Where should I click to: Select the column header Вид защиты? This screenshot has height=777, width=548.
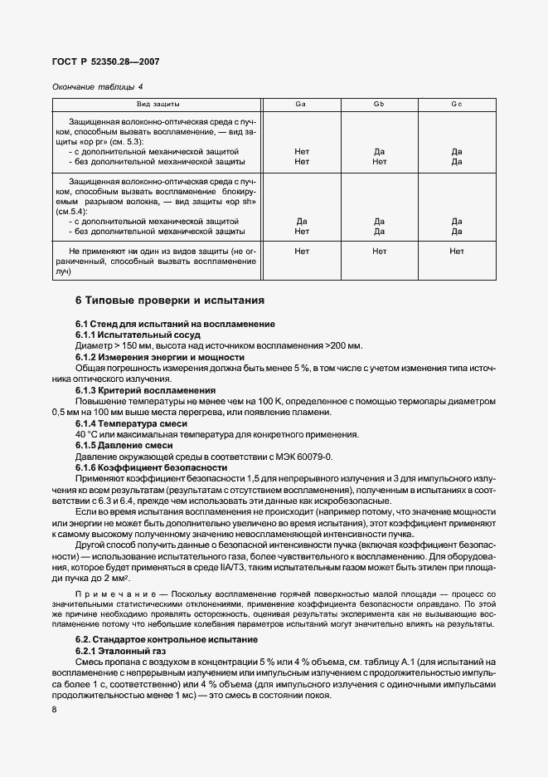[x=158, y=105]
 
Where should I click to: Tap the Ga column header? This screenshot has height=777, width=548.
[x=301, y=105]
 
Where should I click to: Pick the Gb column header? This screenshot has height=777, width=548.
[x=379, y=105]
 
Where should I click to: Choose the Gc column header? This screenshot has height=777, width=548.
[x=456, y=105]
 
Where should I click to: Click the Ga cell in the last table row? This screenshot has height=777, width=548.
[x=301, y=250]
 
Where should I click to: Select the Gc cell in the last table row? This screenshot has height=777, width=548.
[x=456, y=250]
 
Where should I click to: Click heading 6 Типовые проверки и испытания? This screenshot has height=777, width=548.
[x=170, y=300]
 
